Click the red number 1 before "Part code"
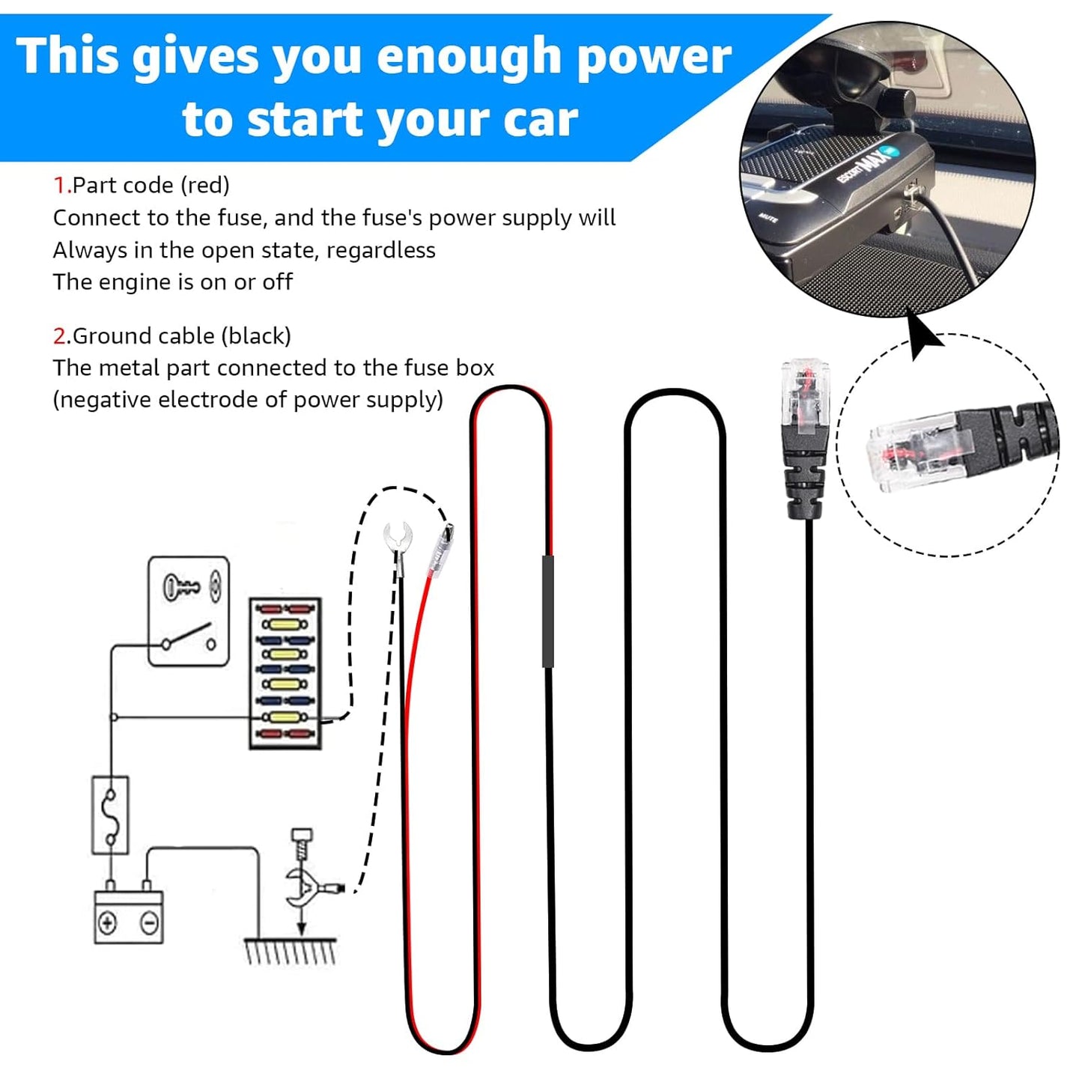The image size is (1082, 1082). (60, 185)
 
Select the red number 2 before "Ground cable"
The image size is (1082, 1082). (60, 336)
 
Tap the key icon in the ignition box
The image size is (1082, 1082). (181, 586)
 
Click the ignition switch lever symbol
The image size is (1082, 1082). (188, 635)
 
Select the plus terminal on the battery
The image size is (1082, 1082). (107, 923)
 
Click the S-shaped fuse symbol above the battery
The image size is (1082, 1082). (111, 815)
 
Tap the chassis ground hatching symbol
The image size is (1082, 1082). (291, 951)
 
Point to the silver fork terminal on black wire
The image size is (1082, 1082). (398, 538)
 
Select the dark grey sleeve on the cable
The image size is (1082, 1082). (548, 610)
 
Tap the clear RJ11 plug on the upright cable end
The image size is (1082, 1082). (805, 397)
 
